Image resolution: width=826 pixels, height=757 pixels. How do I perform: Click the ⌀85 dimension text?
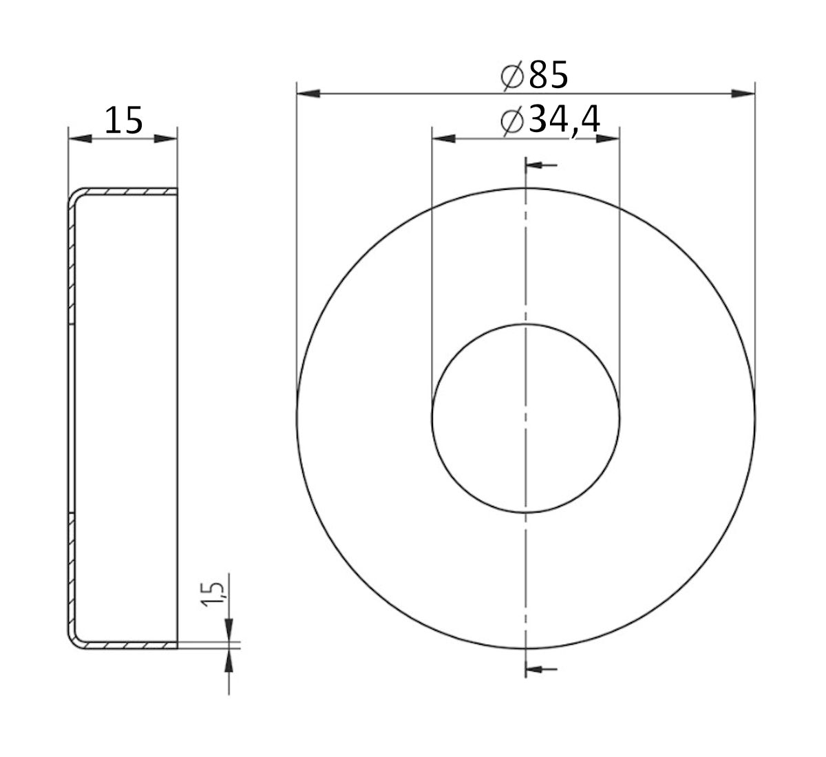point(534,75)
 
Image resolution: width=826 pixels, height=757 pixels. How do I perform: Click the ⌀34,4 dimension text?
point(550,120)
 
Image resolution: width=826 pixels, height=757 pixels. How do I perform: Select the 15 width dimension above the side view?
point(123,120)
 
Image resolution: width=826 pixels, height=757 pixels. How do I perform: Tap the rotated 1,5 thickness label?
point(213,595)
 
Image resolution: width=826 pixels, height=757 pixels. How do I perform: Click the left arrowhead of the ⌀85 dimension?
point(308,94)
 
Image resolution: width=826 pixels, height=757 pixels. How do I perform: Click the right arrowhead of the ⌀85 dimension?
point(743,94)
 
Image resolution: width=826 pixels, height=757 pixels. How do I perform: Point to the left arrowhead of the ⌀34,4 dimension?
point(443,139)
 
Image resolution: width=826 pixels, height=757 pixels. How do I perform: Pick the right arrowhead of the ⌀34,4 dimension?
point(608,139)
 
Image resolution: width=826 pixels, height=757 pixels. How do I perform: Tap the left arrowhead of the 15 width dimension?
point(80,139)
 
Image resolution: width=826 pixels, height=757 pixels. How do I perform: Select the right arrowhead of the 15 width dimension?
point(165,139)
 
